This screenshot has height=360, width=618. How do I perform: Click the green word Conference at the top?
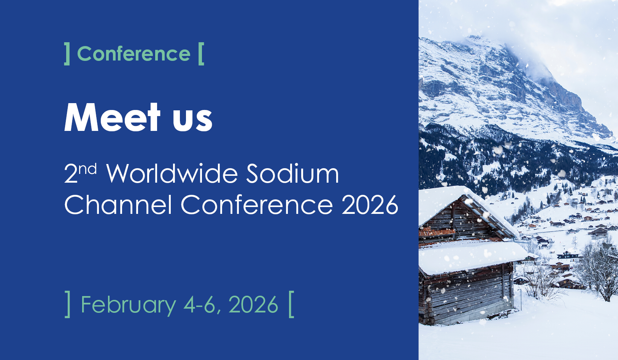134,53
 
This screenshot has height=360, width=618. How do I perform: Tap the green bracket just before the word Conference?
67,54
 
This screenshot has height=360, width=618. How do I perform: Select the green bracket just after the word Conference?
201,54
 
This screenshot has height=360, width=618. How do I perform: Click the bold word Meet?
112,117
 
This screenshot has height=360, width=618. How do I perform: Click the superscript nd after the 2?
88,169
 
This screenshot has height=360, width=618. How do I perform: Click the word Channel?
118,204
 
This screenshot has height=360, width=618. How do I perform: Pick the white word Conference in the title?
257,204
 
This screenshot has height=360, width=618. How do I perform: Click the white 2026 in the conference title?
370,204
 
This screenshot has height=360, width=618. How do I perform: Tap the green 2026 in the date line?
253,304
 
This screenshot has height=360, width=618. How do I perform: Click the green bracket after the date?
291,304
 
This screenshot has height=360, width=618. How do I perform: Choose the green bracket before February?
67,304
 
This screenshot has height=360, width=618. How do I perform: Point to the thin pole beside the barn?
521,299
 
